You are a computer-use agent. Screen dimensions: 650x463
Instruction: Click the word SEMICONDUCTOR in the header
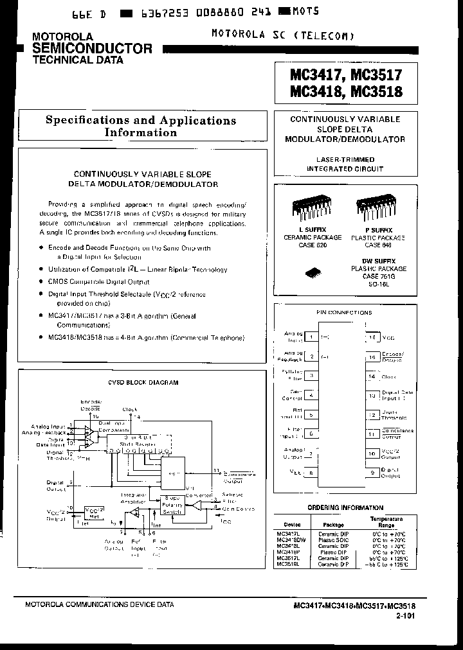point(92,48)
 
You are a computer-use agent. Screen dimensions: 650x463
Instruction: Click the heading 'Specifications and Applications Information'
point(140,127)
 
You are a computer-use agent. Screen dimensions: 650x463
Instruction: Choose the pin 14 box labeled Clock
point(372,376)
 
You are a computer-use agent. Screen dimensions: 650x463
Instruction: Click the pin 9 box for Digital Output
point(372,473)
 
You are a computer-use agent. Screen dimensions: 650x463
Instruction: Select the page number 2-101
point(405,615)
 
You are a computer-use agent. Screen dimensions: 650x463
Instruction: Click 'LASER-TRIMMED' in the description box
point(345,159)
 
